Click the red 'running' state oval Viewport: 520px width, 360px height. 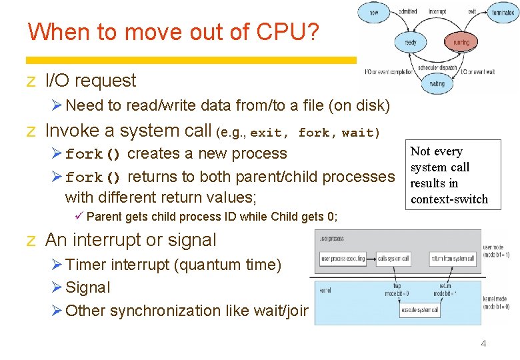pos(461,42)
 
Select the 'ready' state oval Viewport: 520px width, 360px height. pos(411,42)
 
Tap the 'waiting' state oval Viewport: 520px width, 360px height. pos(437,84)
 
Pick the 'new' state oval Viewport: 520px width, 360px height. pos(374,12)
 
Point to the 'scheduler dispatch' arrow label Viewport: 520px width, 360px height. pos(437,67)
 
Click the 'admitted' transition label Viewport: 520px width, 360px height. pos(408,11)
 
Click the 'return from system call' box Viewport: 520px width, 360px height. pos(452,258)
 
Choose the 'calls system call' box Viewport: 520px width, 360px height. pos(393,258)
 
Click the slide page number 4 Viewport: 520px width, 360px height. pos(483,343)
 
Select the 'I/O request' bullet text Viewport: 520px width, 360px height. pos(90,81)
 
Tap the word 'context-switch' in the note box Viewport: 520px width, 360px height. pos(449,199)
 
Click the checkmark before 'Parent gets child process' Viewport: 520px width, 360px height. pos(79,216)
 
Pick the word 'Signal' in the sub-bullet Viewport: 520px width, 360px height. pos(88,287)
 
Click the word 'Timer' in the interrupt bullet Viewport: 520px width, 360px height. pos(86,265)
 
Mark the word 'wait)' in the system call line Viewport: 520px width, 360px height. pos(361,133)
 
